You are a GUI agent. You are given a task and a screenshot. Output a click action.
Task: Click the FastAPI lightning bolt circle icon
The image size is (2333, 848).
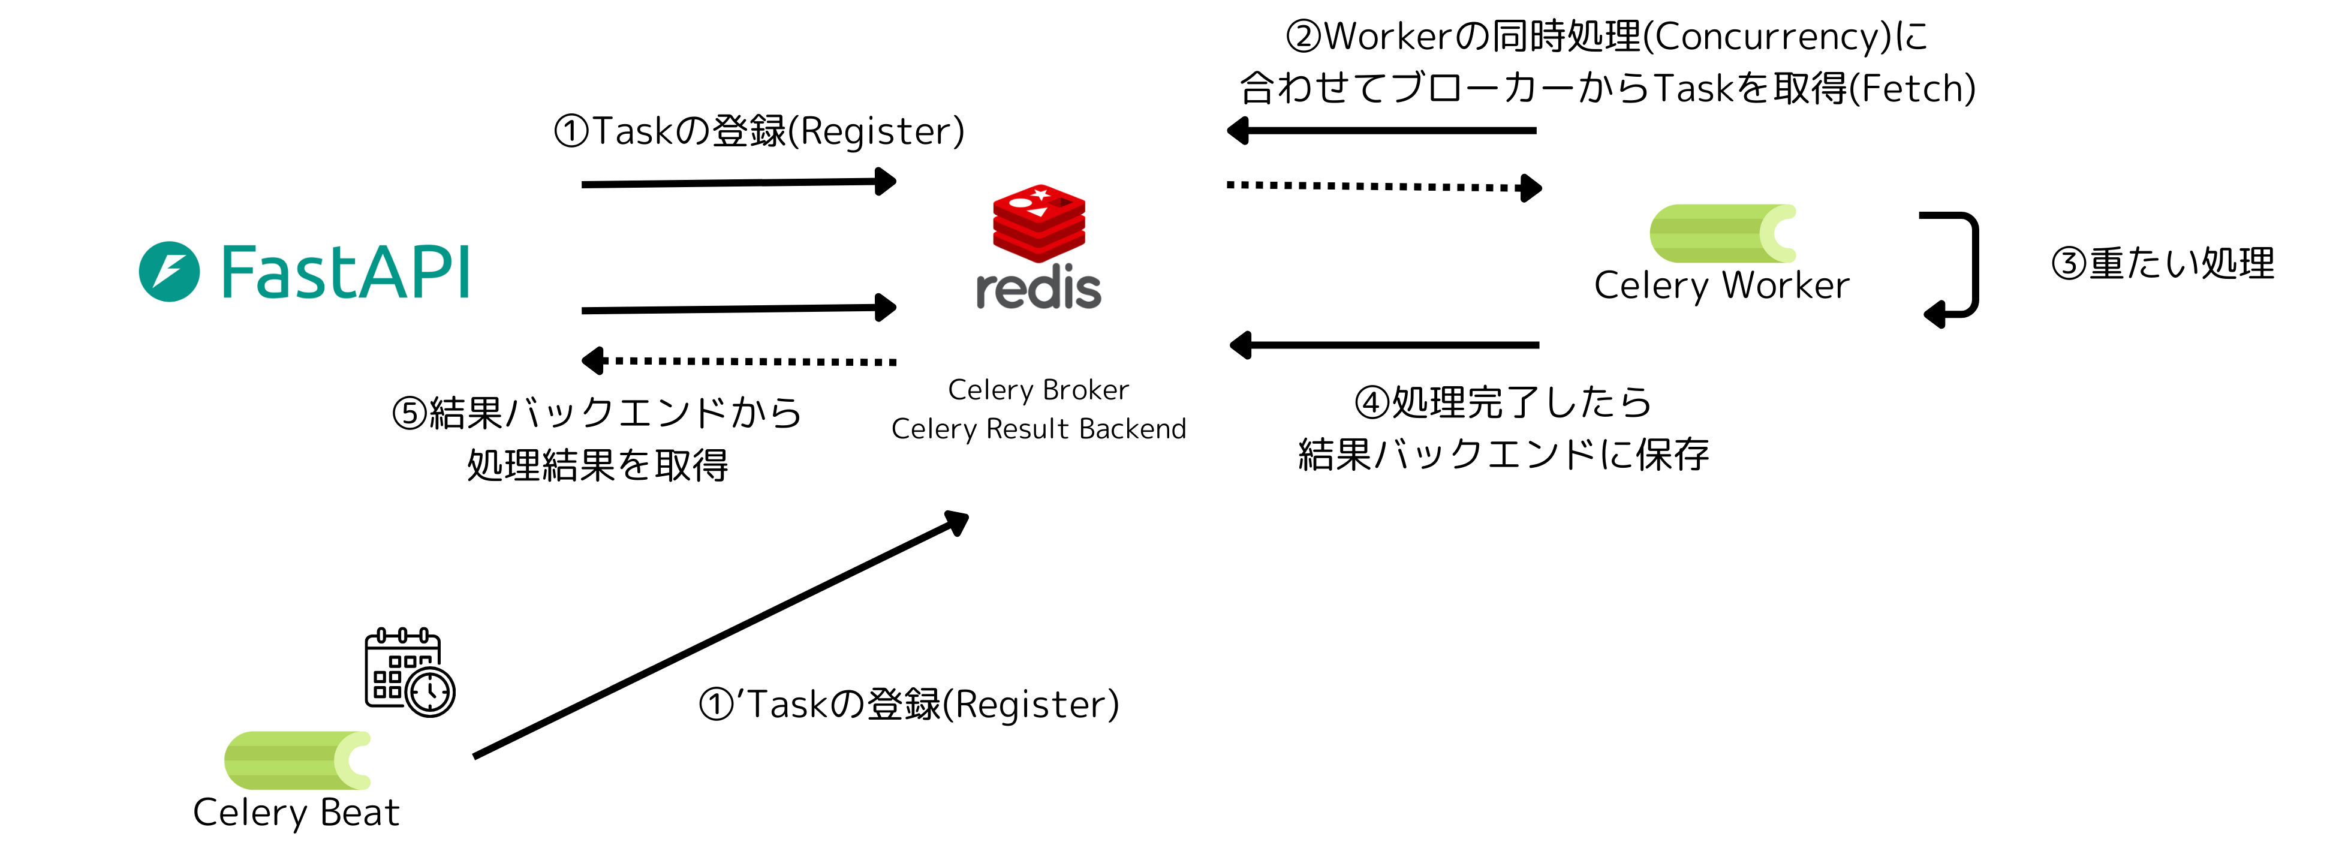coord(169,272)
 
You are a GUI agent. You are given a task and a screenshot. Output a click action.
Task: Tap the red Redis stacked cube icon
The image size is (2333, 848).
coord(1039,223)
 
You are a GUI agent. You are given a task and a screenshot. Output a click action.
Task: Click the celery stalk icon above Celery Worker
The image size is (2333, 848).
coord(1721,234)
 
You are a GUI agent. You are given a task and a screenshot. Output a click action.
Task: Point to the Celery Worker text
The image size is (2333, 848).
coord(1721,285)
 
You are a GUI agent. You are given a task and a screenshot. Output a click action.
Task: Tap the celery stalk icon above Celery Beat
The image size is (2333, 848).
coord(297,760)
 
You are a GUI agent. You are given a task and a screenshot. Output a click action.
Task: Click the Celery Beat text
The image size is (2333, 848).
coord(296,813)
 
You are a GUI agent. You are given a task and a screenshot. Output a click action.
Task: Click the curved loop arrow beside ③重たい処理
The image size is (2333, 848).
coord(1961,267)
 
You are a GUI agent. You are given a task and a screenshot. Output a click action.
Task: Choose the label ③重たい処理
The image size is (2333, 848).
coord(2163,264)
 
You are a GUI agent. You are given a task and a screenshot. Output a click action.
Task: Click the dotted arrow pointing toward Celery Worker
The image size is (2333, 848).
coord(1383,187)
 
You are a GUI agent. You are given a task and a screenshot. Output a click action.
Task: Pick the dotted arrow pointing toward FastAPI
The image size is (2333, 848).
coord(738,362)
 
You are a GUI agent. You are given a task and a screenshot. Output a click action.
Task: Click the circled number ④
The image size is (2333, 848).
coord(1371,403)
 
